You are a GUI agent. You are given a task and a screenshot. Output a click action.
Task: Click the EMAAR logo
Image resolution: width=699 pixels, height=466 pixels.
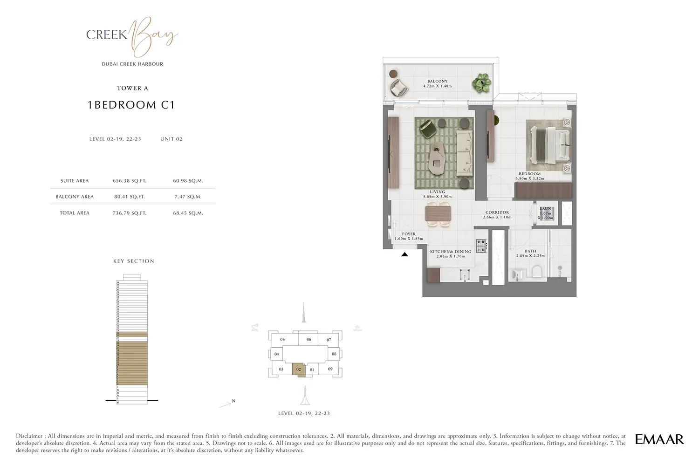[659, 439]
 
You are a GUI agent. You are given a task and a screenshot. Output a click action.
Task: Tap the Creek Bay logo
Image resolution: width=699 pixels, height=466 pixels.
[132, 35]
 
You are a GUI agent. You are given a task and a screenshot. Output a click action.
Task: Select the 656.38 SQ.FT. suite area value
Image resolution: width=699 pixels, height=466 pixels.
[130, 181]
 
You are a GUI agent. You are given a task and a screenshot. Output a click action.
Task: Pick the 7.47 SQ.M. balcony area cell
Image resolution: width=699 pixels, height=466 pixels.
[188, 197]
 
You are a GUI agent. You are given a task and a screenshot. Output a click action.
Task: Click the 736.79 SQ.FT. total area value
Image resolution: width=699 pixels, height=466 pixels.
[130, 213]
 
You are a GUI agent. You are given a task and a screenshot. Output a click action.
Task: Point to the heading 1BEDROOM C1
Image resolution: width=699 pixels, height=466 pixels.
[131, 105]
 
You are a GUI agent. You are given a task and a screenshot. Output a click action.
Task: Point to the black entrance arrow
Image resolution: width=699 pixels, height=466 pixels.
[404, 254]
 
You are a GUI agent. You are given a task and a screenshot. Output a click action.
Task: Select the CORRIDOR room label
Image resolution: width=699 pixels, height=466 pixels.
[497, 212]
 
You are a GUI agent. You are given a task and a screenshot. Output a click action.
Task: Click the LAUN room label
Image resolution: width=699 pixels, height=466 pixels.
[545, 209]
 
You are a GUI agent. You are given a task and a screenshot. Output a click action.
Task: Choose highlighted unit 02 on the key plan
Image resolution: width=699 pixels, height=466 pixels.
[299, 370]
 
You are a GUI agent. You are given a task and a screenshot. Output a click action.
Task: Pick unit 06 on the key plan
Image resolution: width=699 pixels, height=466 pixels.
[308, 340]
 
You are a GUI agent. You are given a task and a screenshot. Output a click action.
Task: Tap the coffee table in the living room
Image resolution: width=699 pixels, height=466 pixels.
[438, 158]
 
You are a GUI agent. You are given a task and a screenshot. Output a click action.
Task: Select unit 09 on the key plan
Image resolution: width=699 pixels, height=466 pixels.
[330, 370]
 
